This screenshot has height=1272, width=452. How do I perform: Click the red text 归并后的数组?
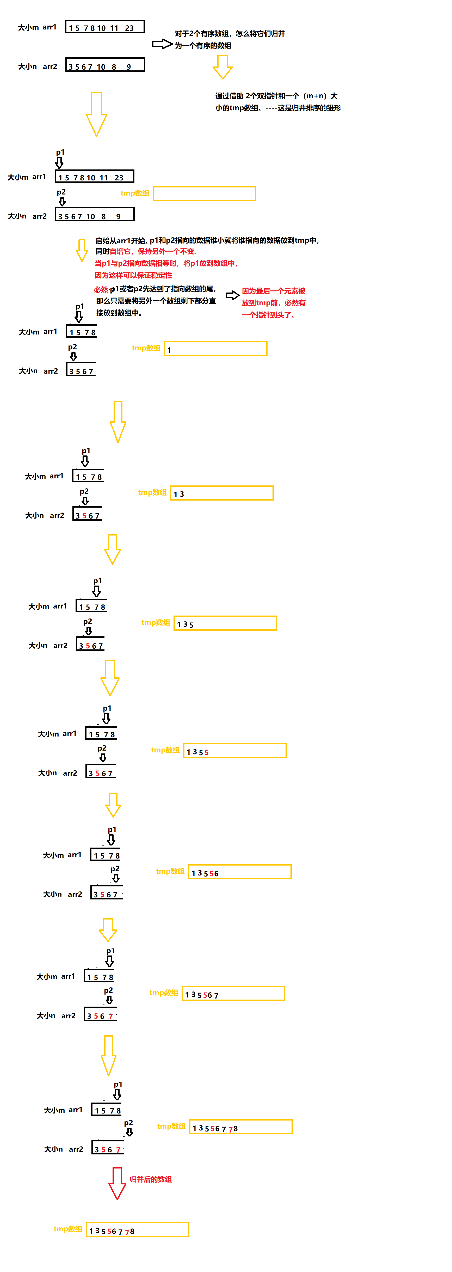pos(151,1179)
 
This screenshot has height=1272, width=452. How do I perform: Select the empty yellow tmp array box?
pos(204,193)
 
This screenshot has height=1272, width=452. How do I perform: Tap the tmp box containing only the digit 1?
pos(216,349)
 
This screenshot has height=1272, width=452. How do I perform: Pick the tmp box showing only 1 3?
pos(221,493)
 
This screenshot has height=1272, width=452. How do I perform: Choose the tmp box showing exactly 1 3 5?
pos(225,623)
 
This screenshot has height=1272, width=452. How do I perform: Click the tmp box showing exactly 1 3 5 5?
pos(234,751)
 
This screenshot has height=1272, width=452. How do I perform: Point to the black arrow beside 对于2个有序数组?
pos(162,44)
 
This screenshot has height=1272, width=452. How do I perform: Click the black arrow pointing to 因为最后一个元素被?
pos(232,295)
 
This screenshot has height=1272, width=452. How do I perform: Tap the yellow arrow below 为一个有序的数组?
pos(222,67)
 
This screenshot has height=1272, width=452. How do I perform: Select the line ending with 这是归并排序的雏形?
pos(278,108)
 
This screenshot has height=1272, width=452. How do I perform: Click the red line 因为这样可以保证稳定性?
pos(133,275)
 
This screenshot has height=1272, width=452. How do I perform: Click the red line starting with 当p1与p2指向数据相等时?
pos(166,263)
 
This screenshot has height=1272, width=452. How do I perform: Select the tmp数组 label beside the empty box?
pos(135,193)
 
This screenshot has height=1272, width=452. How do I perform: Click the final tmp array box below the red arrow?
pos(137,1230)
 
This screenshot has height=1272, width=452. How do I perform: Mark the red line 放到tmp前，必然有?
pos(273,303)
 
